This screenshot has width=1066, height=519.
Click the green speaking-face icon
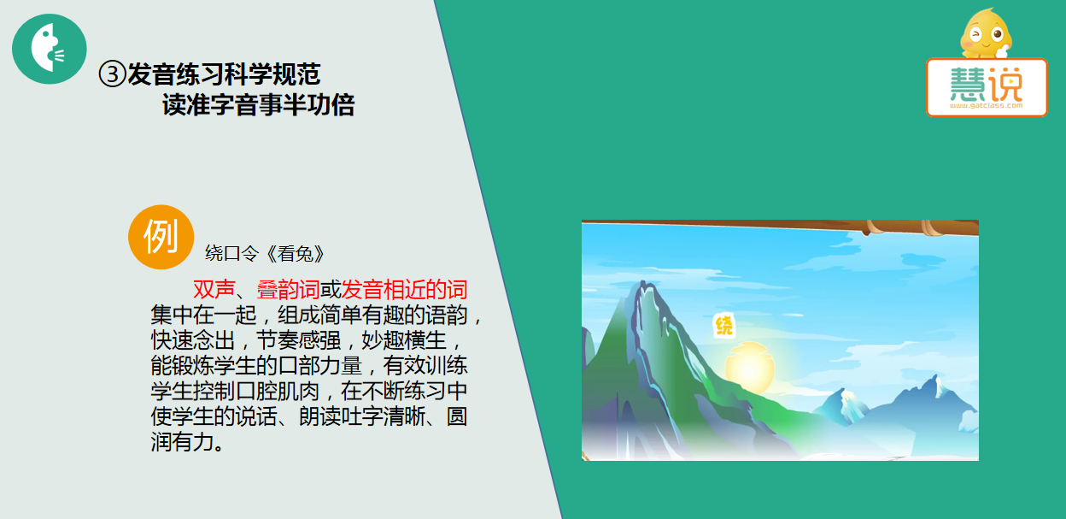(x=50, y=49)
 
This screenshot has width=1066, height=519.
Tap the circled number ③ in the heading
(x=112, y=74)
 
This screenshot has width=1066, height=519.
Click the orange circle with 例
(x=161, y=237)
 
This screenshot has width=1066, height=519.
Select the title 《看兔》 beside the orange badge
(x=295, y=254)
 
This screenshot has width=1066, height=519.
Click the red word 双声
(x=214, y=289)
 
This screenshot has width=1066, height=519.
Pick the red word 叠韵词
(x=289, y=289)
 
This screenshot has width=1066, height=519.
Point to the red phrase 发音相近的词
(x=405, y=289)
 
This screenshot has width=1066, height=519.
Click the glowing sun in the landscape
(x=750, y=367)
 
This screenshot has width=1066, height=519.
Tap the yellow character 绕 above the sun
(x=724, y=326)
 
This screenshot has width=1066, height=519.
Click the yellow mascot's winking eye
(x=976, y=34)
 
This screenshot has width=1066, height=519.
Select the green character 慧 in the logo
(x=968, y=84)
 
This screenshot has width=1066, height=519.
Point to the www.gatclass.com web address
(x=987, y=106)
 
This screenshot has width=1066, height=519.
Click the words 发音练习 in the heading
(x=176, y=74)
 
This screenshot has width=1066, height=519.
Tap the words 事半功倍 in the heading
(x=307, y=105)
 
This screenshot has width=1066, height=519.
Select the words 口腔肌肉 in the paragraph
(x=278, y=392)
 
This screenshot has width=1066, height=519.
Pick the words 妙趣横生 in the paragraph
(x=404, y=340)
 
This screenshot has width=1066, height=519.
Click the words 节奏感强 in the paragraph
(x=298, y=340)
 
